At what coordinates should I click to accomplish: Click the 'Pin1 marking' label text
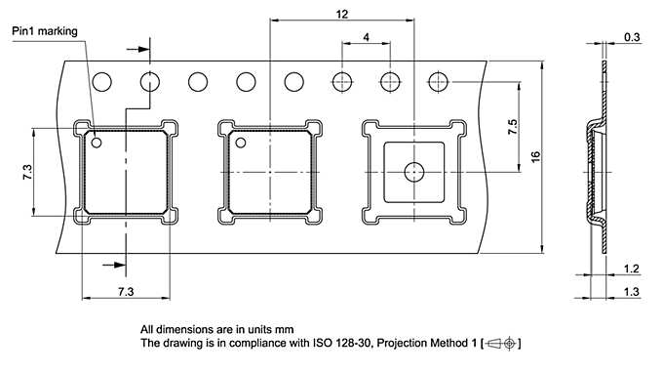click(x=45, y=32)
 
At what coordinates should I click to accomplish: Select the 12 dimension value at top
click(x=341, y=15)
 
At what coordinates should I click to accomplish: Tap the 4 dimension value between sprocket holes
click(x=366, y=37)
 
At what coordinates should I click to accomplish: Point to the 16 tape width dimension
click(x=535, y=156)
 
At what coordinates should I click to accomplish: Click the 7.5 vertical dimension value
click(x=512, y=127)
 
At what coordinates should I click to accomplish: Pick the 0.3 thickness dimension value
click(x=632, y=38)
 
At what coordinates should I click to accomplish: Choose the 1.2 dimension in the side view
click(x=631, y=269)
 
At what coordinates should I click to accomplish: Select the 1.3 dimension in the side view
click(x=631, y=292)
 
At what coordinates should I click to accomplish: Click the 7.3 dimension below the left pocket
click(x=126, y=292)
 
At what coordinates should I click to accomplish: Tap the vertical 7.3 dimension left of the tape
click(x=27, y=172)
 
